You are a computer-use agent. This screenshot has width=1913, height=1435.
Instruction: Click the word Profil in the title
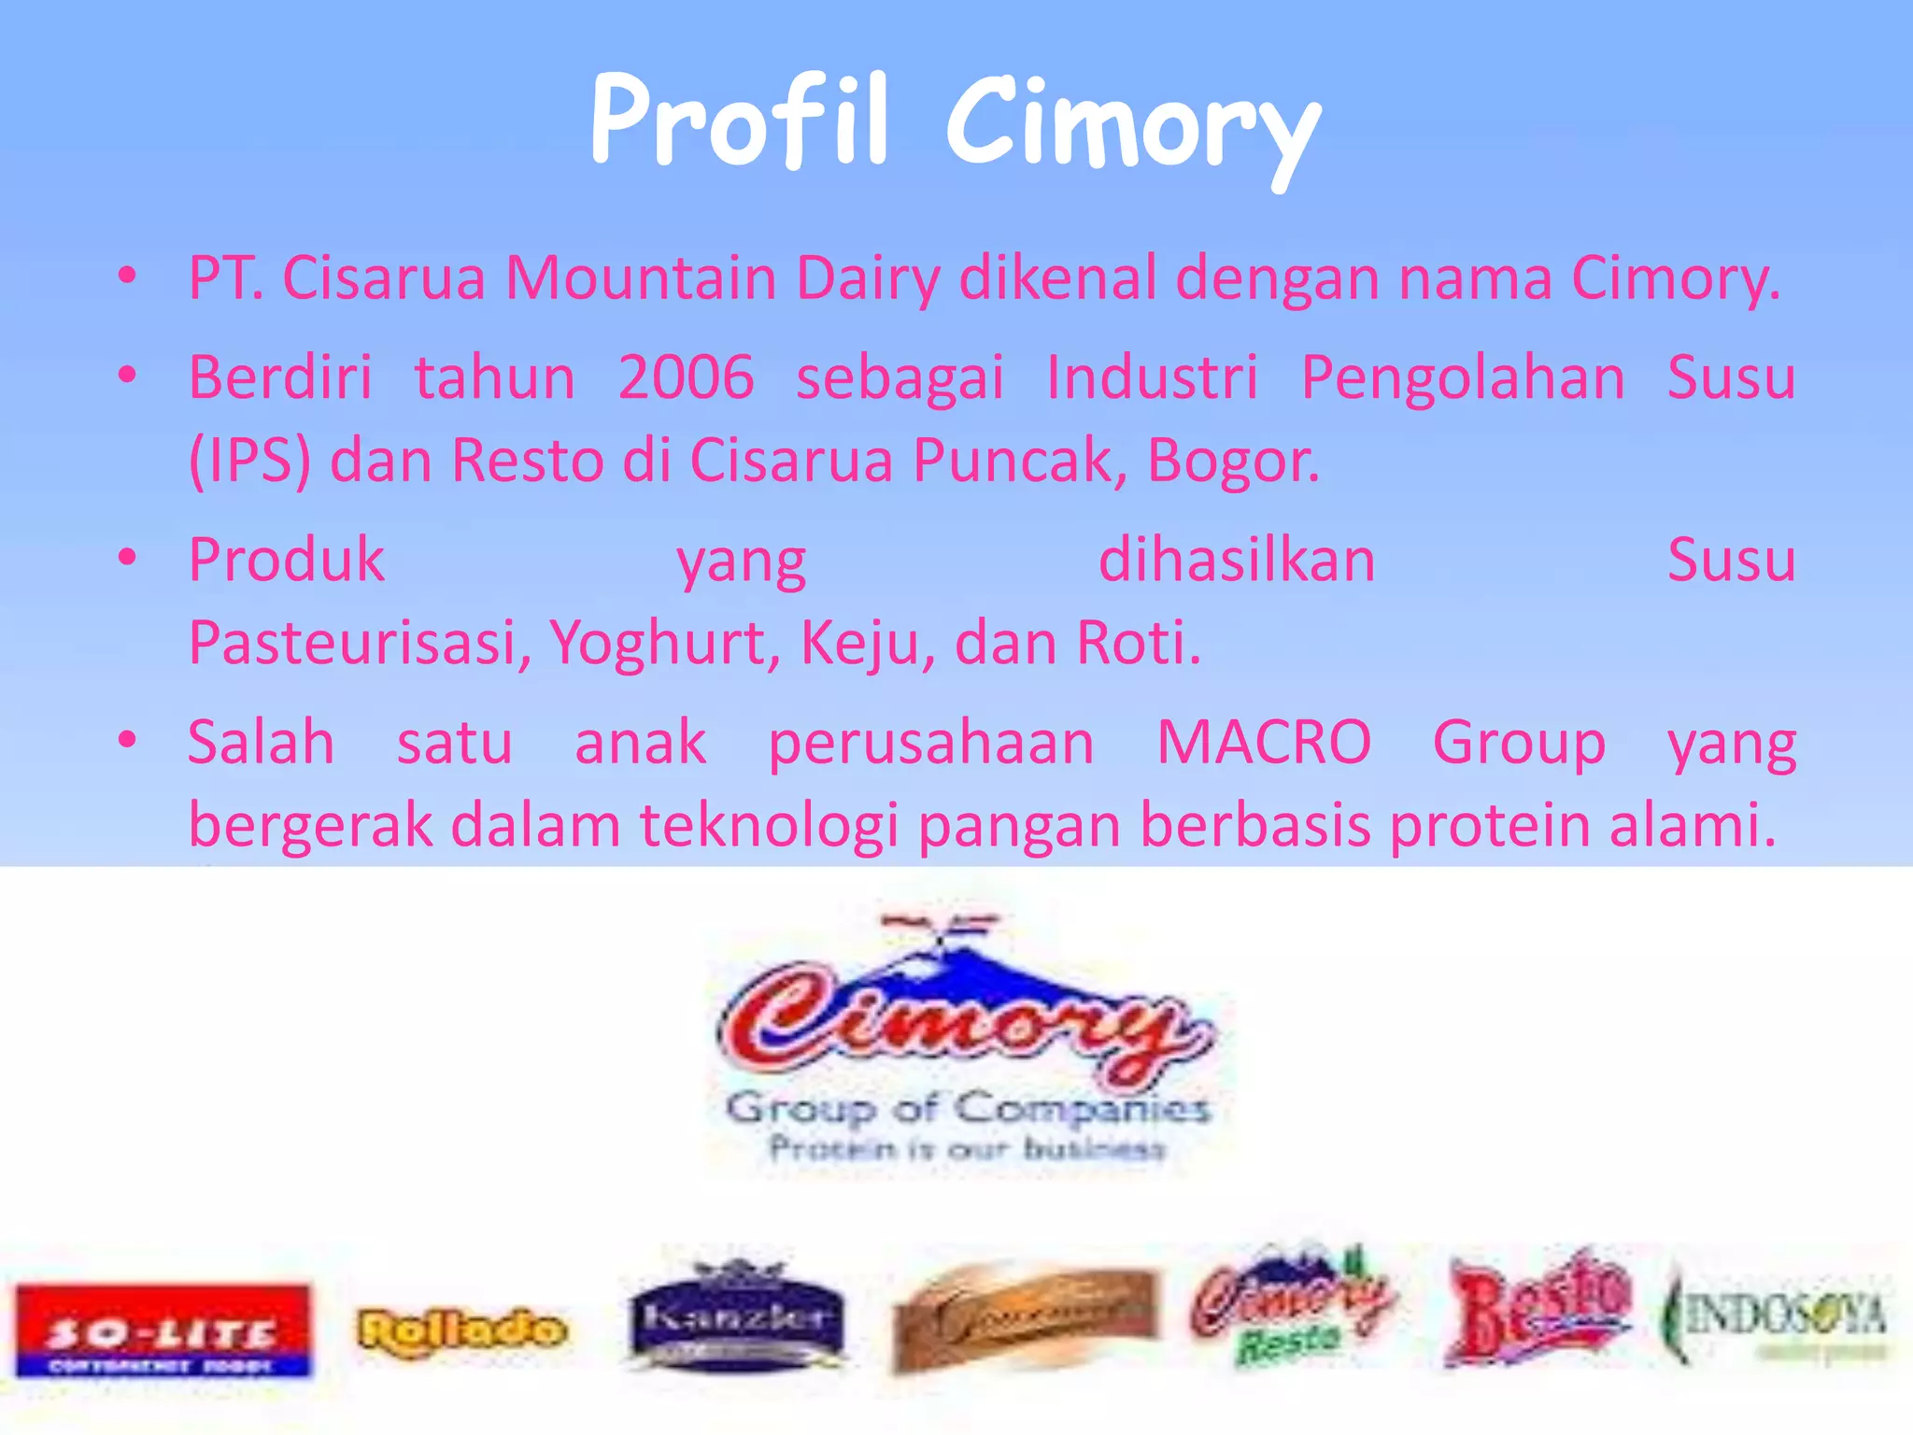pos(738,121)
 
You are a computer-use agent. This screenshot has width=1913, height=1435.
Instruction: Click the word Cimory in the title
pos(1132,126)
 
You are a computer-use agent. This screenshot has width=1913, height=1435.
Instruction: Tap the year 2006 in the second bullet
pos(686,377)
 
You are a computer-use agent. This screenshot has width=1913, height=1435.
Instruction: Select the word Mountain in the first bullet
pos(641,278)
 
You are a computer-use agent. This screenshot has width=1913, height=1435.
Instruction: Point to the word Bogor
pos(1233,461)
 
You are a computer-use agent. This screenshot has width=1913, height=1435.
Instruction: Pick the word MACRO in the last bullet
pos(1264,743)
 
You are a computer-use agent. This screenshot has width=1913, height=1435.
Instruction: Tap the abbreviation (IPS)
pos(249,461)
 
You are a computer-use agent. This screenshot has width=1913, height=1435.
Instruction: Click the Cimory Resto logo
pos(1292,1304)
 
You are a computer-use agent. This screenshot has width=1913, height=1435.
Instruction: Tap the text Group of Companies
pos(968,1109)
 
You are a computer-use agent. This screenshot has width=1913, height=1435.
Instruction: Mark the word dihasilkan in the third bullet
pos(1236,561)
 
